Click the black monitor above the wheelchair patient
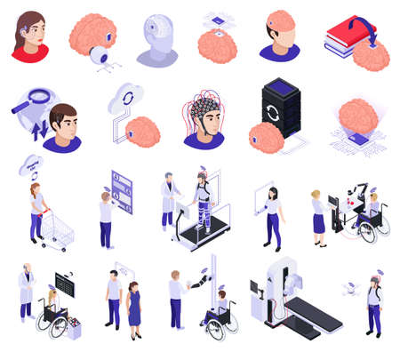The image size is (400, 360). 64,284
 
